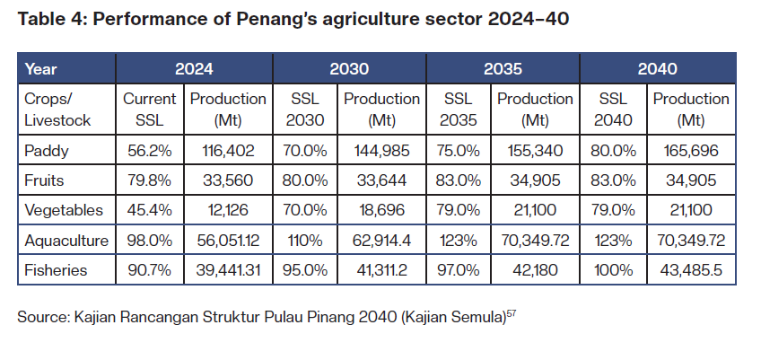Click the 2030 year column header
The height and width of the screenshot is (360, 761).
point(349,68)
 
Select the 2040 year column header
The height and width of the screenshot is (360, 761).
point(659,68)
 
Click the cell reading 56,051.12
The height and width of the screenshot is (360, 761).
point(228,241)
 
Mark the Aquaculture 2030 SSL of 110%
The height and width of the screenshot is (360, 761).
point(306,241)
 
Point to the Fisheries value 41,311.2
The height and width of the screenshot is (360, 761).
point(381,269)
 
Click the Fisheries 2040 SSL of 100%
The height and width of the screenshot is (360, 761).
point(613,269)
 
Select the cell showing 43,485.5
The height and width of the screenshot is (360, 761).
point(691,269)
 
